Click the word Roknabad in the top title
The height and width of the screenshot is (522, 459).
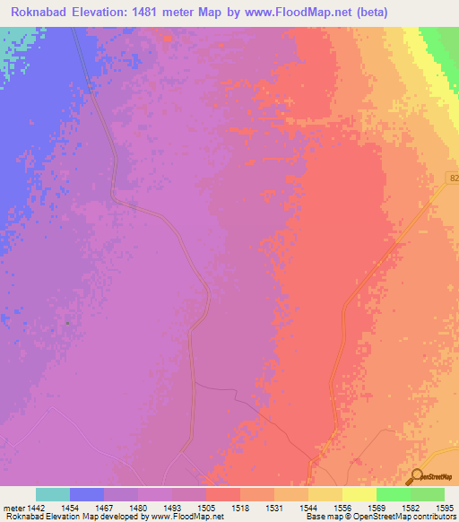coord(41,13)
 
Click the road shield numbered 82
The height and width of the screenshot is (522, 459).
coord(453,179)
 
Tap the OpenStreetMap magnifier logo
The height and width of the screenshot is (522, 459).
coord(415,476)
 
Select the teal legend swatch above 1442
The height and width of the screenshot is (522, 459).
coord(52,494)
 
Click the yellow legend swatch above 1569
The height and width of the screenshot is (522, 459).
coord(359,494)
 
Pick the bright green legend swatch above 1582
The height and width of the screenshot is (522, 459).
coord(393,494)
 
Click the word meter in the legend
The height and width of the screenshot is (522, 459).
coord(14,508)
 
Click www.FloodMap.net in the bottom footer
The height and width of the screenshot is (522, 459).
coord(187,518)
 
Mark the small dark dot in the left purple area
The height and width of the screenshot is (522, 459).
coord(67,322)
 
